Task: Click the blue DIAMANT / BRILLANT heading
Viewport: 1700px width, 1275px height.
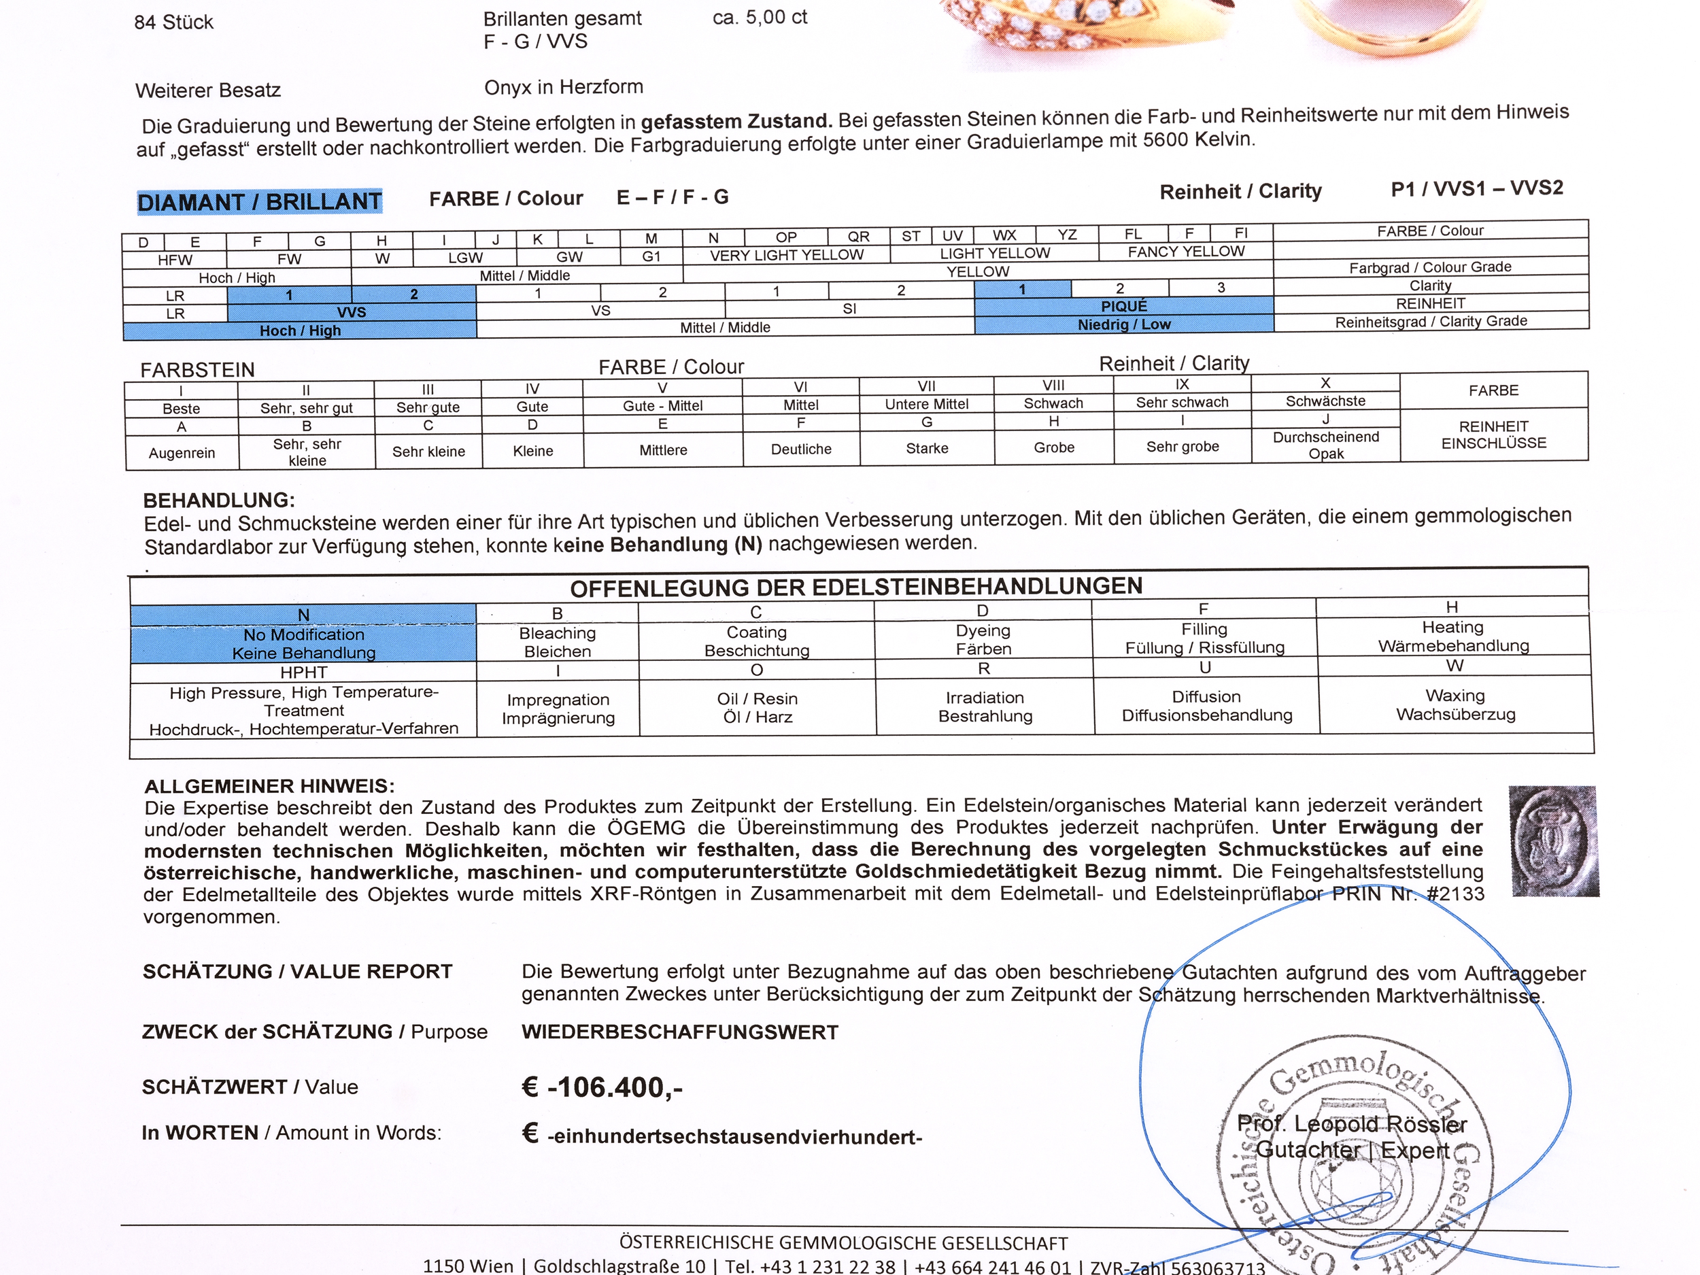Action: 259,201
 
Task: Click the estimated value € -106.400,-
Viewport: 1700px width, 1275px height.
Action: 602,1087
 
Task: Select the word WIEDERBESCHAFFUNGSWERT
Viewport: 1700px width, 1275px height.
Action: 679,1032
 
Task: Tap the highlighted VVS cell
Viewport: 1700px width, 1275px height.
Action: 352,312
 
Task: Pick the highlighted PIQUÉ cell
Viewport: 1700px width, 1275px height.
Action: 1123,306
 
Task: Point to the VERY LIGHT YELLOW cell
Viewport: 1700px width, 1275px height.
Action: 786,255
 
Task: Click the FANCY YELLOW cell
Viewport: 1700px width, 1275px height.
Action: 1186,252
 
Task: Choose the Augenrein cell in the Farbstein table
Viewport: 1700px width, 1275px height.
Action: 182,453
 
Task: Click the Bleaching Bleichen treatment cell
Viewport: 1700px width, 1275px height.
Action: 557,642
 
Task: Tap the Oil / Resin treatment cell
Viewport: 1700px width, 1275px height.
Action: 757,708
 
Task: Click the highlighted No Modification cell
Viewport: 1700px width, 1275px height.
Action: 303,643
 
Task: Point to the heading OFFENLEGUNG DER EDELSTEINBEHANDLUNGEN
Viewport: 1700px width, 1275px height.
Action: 855,587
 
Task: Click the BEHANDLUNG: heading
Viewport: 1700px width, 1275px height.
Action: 219,500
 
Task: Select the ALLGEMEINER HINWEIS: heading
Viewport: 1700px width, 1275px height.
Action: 269,786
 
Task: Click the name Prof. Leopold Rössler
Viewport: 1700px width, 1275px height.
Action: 1352,1124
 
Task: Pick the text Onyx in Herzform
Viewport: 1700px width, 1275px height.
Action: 563,88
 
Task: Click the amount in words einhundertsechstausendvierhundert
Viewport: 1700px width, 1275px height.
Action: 734,1137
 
